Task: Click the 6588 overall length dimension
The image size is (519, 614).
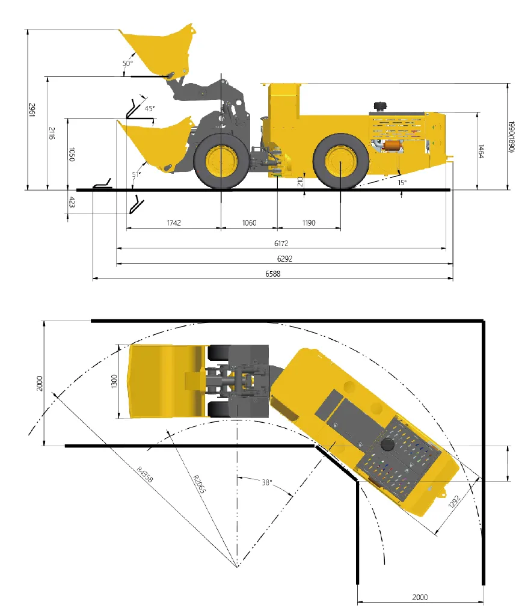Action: click(273, 274)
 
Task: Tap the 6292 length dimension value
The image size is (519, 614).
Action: click(285, 259)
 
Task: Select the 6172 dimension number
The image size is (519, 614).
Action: click(281, 243)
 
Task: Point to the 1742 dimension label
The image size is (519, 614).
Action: click(174, 223)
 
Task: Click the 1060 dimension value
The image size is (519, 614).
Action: click(249, 223)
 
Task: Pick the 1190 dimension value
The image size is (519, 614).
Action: click(309, 223)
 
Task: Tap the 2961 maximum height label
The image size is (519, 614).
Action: click(32, 110)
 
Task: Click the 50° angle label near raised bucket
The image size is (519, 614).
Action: click(127, 63)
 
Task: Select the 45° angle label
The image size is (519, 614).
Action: click(150, 108)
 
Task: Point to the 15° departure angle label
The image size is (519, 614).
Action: click(402, 182)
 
